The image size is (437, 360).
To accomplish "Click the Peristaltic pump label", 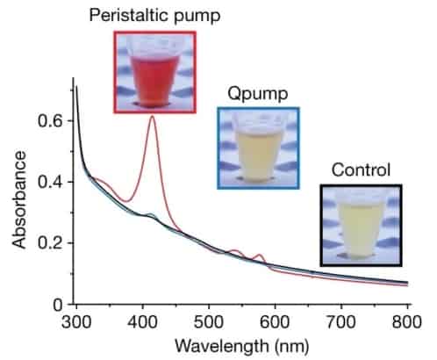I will click(155, 16).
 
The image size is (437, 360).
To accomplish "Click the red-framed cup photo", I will click(155, 71).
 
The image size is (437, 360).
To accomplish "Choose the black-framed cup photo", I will click(361, 224).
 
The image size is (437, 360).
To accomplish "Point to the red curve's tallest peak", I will click(153, 117).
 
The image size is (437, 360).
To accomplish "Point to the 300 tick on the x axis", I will click(76, 320).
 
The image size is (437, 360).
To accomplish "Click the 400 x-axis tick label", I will click(142, 320).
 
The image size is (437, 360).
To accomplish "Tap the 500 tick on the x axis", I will click(209, 320).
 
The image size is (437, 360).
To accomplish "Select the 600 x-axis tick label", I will click(276, 320).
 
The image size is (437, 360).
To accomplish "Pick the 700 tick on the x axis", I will click(342, 320).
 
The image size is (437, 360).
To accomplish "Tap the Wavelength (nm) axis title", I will click(241, 344).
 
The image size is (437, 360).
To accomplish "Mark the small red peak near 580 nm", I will click(260, 256).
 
